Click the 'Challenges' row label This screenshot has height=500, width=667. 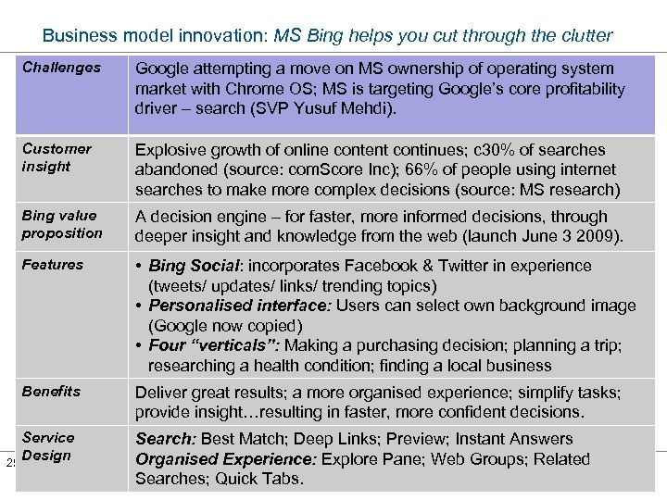click(x=61, y=68)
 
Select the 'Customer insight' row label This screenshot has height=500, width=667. click(x=57, y=157)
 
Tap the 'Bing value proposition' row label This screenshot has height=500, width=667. click(x=62, y=224)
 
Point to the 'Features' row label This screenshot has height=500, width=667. click(x=53, y=265)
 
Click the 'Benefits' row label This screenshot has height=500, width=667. click(x=51, y=392)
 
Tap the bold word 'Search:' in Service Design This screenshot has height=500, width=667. click(x=165, y=439)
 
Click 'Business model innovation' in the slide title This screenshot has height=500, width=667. click(x=154, y=36)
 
